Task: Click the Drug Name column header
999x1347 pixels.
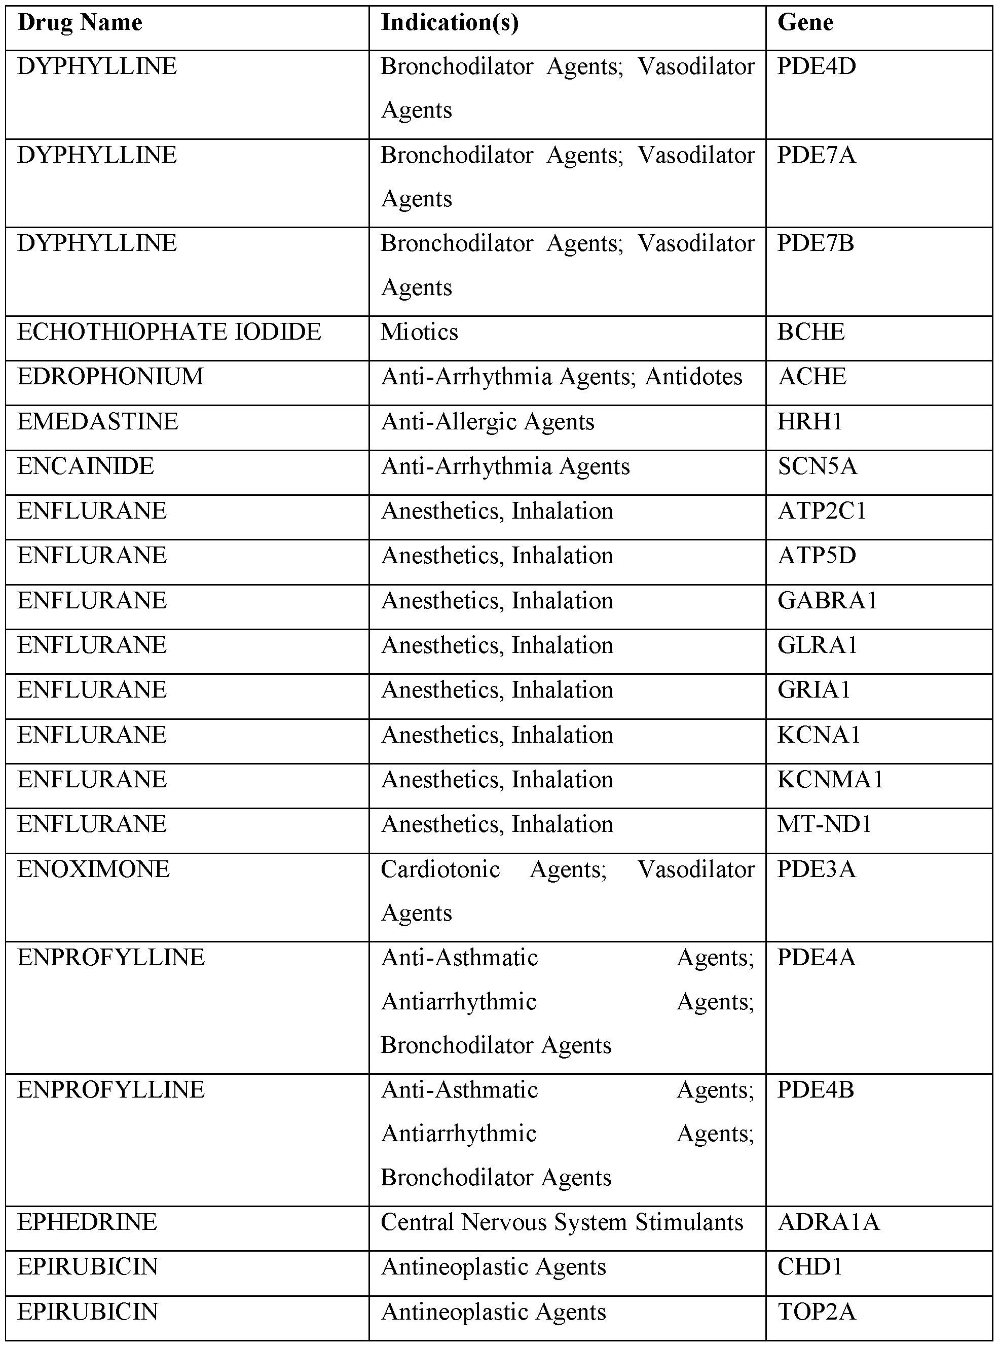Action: coord(80,23)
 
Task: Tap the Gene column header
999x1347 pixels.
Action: coord(805,23)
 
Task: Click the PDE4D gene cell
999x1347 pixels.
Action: coord(817,66)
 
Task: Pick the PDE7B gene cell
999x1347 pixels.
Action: coord(815,243)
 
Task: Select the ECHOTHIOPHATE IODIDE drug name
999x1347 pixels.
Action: coord(169,332)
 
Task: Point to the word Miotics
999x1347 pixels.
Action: coord(419,332)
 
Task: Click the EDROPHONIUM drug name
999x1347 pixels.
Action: coord(110,377)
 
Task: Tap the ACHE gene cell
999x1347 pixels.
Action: coord(811,377)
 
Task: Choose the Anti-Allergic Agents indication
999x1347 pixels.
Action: coord(488,422)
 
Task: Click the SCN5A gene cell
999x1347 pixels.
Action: coord(817,466)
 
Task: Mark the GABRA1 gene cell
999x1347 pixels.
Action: coord(827,601)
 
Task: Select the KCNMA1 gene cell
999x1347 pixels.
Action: coord(830,780)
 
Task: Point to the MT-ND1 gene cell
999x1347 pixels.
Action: coord(824,824)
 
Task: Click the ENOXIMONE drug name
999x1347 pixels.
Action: coord(94,869)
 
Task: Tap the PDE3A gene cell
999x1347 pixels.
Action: coord(817,869)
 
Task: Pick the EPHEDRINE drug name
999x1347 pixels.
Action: coord(87,1222)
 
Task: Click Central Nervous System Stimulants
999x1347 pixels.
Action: coord(562,1222)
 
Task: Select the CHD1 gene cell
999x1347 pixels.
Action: coord(810,1267)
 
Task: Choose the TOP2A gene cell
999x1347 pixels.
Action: coord(817,1312)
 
